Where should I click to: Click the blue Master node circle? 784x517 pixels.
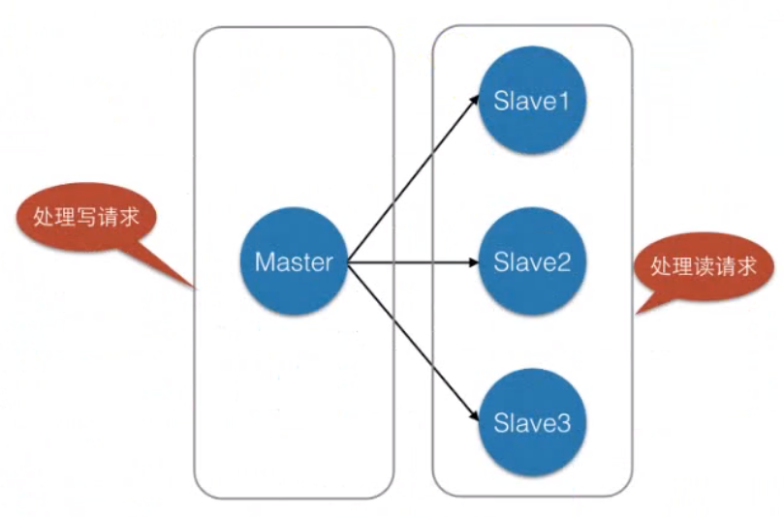[x=294, y=261]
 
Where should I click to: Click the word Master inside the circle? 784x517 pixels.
[x=294, y=261]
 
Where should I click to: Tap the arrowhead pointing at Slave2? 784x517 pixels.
[x=474, y=262]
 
